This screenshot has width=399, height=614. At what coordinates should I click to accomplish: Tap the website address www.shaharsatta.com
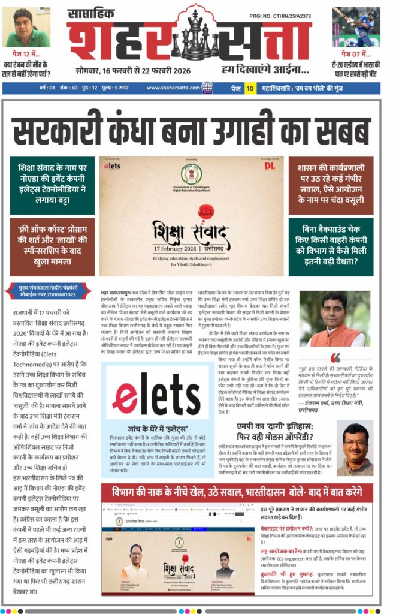coord(173,88)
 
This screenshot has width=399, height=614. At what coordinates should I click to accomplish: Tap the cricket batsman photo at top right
coord(356,26)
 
